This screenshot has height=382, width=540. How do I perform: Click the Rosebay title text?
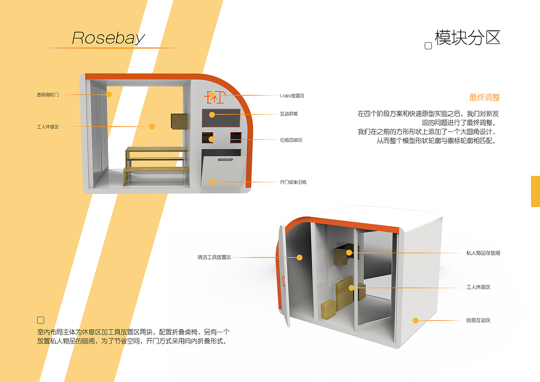[x=108, y=38]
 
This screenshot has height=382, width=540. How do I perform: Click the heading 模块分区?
[x=467, y=38]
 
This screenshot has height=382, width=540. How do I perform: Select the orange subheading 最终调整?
[x=484, y=98]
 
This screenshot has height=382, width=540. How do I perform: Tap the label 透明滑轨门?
[x=48, y=95]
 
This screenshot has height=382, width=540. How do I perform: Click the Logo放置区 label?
[x=292, y=96]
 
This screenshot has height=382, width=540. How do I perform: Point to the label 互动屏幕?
[x=289, y=114]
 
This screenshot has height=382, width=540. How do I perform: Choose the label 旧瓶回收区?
[x=291, y=140]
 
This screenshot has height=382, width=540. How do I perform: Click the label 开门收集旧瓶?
[x=293, y=182]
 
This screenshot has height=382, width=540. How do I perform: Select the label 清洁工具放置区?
[x=214, y=257]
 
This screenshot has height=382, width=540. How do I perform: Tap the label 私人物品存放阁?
[x=483, y=253]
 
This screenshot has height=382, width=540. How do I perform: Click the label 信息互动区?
[x=478, y=320]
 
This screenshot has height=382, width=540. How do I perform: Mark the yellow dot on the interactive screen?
[x=212, y=114]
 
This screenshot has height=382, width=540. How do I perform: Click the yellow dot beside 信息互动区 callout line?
[x=416, y=320]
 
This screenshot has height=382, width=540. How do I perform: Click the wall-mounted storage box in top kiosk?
[x=179, y=121]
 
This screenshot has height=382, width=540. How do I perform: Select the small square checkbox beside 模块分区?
[x=428, y=46]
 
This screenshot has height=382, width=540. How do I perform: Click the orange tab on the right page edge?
[x=535, y=191]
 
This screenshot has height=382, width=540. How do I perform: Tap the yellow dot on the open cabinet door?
[x=300, y=257]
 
